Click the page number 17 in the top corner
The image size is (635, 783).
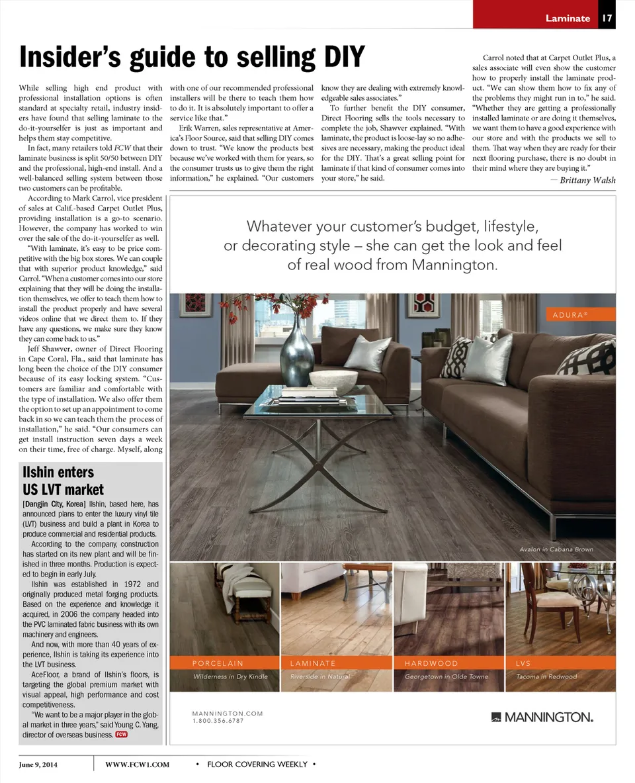click(607, 18)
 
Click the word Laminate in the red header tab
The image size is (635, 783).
click(568, 18)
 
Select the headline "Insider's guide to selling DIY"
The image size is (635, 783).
click(192, 58)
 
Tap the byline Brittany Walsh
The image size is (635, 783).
click(587, 180)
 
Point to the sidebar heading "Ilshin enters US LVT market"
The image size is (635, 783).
click(63, 481)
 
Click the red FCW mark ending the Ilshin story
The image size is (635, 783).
click(121, 734)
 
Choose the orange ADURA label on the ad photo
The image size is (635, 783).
click(570, 314)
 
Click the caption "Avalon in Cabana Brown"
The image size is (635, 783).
click(556, 549)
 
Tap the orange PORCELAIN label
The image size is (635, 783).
click(218, 663)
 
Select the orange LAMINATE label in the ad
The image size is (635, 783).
click(313, 663)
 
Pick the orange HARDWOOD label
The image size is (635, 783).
click(431, 663)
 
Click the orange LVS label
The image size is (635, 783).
click(523, 663)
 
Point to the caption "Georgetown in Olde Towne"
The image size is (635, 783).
click(446, 676)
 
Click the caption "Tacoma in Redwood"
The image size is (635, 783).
click(546, 676)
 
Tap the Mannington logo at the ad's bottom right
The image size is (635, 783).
click(542, 717)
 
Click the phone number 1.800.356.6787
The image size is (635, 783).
click(218, 721)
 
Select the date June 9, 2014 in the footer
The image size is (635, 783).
click(38, 764)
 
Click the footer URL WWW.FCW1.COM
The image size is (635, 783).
click(138, 764)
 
